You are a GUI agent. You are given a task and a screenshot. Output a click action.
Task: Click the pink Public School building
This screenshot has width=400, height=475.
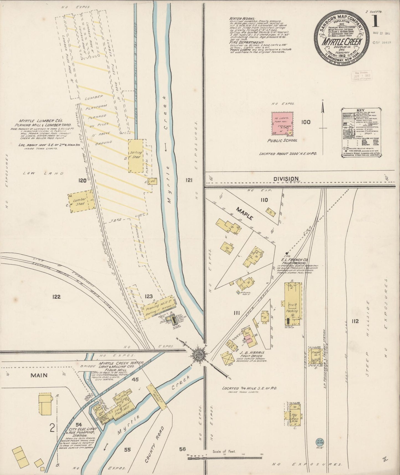coord(282,123)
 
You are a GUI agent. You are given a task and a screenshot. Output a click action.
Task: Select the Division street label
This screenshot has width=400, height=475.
coord(286,179)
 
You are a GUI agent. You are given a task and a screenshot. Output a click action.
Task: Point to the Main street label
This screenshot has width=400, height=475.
coord(39,375)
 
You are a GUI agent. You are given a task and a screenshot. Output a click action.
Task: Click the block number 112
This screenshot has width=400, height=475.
coord(355,321)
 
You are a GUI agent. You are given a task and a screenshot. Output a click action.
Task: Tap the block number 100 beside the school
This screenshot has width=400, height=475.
coord(306,122)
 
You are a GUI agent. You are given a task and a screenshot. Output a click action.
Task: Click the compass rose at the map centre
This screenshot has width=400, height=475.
coord(199,354)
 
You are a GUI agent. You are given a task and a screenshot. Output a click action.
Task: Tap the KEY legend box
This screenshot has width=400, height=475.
coord(361,133)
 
